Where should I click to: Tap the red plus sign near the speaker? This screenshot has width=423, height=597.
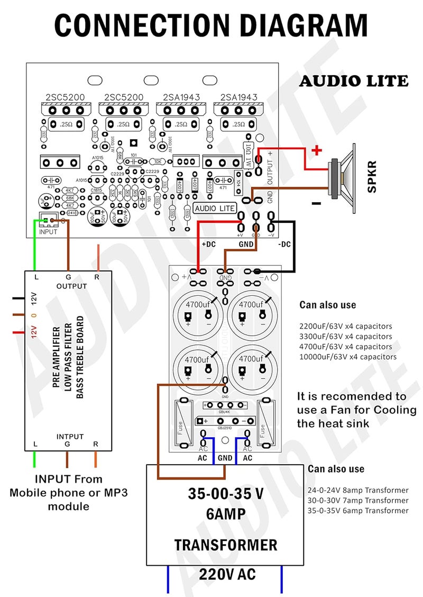tap(317, 150)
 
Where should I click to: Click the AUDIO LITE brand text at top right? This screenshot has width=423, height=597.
tap(354, 81)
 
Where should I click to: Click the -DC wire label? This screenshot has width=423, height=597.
tap(284, 244)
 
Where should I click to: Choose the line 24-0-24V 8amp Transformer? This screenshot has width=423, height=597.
tap(358, 490)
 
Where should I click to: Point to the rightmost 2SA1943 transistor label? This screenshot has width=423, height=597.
tap(239, 97)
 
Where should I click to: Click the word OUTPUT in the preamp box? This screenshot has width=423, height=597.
tap(71, 286)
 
